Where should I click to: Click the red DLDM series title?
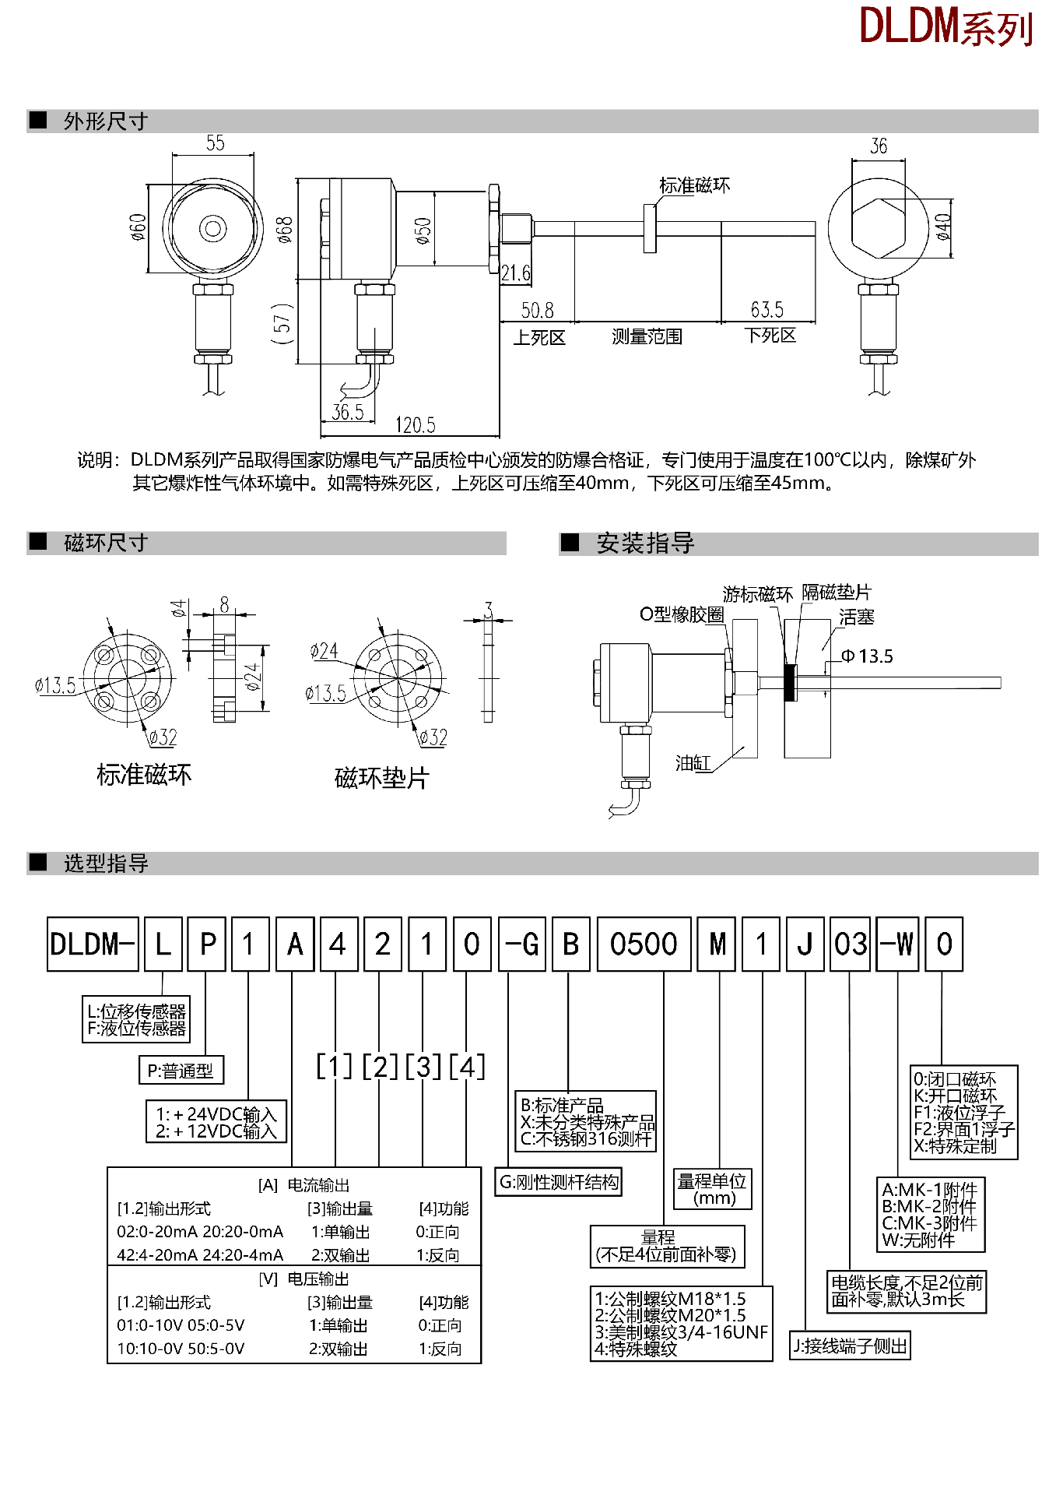[x=945, y=26]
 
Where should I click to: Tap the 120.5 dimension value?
[x=415, y=425]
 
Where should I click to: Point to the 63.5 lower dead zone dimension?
[x=767, y=310]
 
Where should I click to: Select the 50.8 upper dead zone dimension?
[x=537, y=311]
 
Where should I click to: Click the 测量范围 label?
[x=647, y=336]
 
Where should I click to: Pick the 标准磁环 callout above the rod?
[x=694, y=185]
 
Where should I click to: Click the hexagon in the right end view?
[x=879, y=228]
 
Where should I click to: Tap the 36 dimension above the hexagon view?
[x=879, y=146]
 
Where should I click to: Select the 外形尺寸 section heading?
[x=105, y=121]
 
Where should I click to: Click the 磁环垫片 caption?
[x=381, y=778]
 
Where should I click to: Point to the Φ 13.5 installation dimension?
[x=867, y=656]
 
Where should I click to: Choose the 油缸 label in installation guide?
[x=693, y=763]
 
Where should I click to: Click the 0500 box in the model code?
[x=644, y=944]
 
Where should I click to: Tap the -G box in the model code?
[x=522, y=944]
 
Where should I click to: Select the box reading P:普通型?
[x=181, y=1071]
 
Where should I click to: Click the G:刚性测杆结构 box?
[x=559, y=1182]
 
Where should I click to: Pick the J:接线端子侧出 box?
[x=850, y=1345]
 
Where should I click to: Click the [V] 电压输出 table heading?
[x=303, y=1279]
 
